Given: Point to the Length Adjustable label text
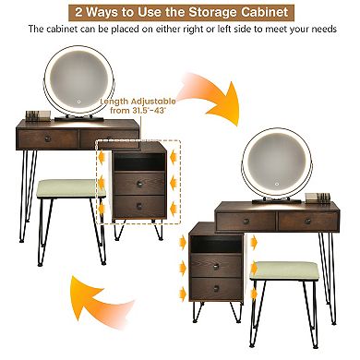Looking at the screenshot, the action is [x=138, y=102].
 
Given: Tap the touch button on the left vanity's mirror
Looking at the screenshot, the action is [x=78, y=102].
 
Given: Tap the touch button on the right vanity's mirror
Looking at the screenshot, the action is [x=277, y=185].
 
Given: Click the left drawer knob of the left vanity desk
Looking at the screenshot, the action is [x=47, y=138].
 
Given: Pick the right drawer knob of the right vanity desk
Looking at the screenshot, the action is [x=307, y=222].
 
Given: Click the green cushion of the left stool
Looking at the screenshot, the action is [x=71, y=188].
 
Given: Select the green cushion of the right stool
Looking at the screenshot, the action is [x=283, y=270].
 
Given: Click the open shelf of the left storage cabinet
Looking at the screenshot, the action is [x=139, y=162].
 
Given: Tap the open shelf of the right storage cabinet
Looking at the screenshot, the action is [x=216, y=245].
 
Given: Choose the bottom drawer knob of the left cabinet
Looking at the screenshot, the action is [x=139, y=206].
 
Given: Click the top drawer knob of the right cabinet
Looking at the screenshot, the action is [x=216, y=267].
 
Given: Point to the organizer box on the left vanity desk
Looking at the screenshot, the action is [x=38, y=115].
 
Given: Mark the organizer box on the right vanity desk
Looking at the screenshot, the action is [x=318, y=198].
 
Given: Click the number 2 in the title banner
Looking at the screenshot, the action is [x=78, y=13].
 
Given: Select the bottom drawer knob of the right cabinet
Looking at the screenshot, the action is [x=216, y=289].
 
